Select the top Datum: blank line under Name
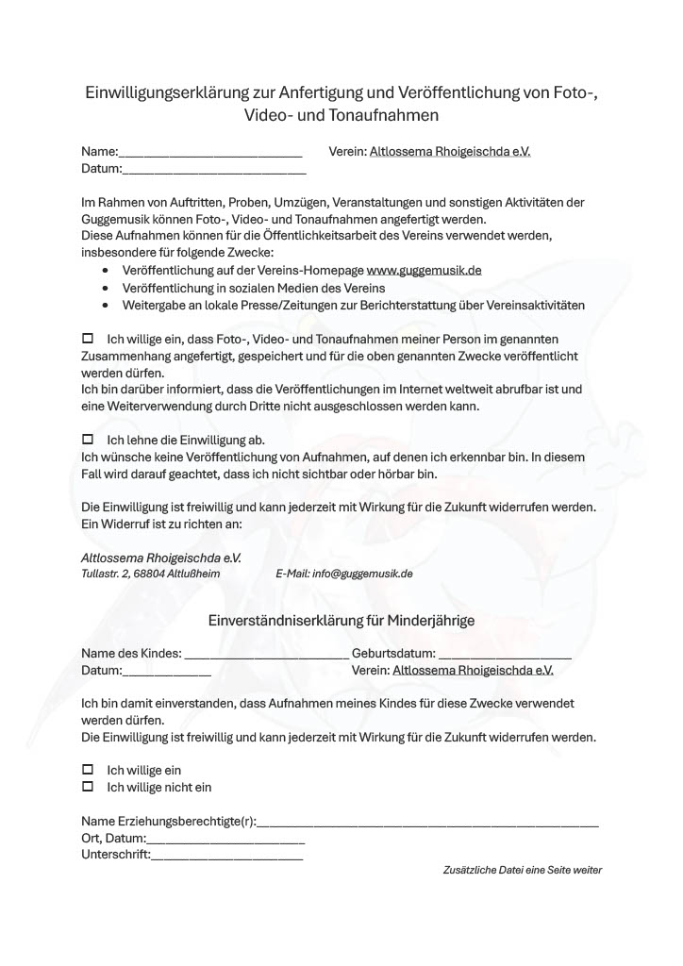pos(214,171)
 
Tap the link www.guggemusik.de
pos(424,270)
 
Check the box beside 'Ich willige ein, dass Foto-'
pos(89,338)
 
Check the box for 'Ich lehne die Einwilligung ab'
pos(89,440)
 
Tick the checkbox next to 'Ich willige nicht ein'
pos(89,787)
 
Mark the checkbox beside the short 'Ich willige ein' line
pos(89,770)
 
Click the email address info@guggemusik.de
pos(363,574)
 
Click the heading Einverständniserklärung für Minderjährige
pos(341,621)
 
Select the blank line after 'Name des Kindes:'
pos(266,655)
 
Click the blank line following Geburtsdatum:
pos(505,655)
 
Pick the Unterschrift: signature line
pos(227,857)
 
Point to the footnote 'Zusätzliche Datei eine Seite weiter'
pos(522,870)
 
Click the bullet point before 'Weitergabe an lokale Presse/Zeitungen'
pos(105,306)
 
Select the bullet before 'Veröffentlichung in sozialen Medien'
pos(105,288)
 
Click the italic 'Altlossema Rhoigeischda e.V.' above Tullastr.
pos(161,558)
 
